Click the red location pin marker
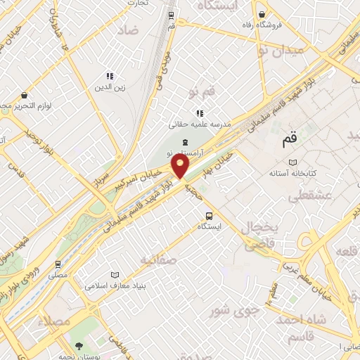(181, 166)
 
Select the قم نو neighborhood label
(202, 94)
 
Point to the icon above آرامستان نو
(184, 142)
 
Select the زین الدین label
(110, 88)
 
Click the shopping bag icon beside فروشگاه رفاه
(262, 14)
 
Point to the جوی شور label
(236, 309)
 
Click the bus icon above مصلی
(58, 265)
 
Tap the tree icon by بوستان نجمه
(79, 346)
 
